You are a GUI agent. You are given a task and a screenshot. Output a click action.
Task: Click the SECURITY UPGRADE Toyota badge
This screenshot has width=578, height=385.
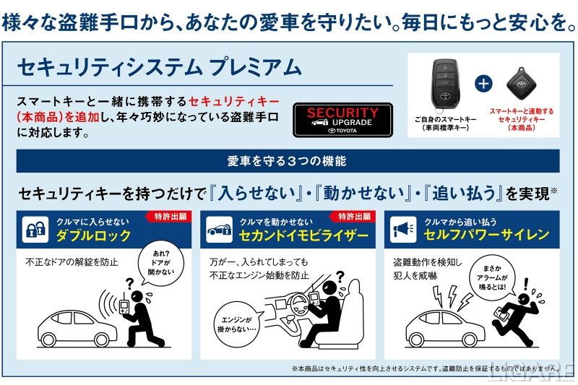[x=342, y=120]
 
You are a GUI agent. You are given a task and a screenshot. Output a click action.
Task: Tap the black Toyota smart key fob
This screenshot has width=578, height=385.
[x=445, y=85]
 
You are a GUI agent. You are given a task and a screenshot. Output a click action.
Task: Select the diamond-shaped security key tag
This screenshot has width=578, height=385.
[x=520, y=84]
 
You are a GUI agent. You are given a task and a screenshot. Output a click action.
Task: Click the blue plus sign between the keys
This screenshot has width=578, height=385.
[x=483, y=84]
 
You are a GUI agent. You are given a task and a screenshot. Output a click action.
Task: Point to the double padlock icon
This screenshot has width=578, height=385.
[x=35, y=230]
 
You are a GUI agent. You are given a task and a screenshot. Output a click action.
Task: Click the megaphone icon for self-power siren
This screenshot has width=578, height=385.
[x=404, y=230]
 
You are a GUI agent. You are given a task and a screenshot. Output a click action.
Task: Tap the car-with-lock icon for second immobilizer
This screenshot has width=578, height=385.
[x=220, y=230]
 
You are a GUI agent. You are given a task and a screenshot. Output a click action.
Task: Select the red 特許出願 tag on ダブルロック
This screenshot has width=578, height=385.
[x=170, y=216]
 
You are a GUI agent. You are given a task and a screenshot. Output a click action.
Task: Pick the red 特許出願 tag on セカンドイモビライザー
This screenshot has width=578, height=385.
[x=354, y=216]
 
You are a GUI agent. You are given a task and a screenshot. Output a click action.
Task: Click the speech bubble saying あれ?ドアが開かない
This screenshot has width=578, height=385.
[x=160, y=263]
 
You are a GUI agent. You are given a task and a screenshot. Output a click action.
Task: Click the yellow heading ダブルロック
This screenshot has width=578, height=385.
[x=94, y=235]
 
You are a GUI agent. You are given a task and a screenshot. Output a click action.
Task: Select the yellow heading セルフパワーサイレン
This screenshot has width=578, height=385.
[x=486, y=235]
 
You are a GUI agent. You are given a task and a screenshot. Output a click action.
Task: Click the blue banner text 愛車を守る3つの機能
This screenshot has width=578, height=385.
[x=287, y=161]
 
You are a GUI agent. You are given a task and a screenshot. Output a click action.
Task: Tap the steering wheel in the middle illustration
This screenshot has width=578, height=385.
[x=298, y=304]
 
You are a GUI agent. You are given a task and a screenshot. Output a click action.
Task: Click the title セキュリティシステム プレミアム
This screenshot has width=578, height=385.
[x=160, y=67]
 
